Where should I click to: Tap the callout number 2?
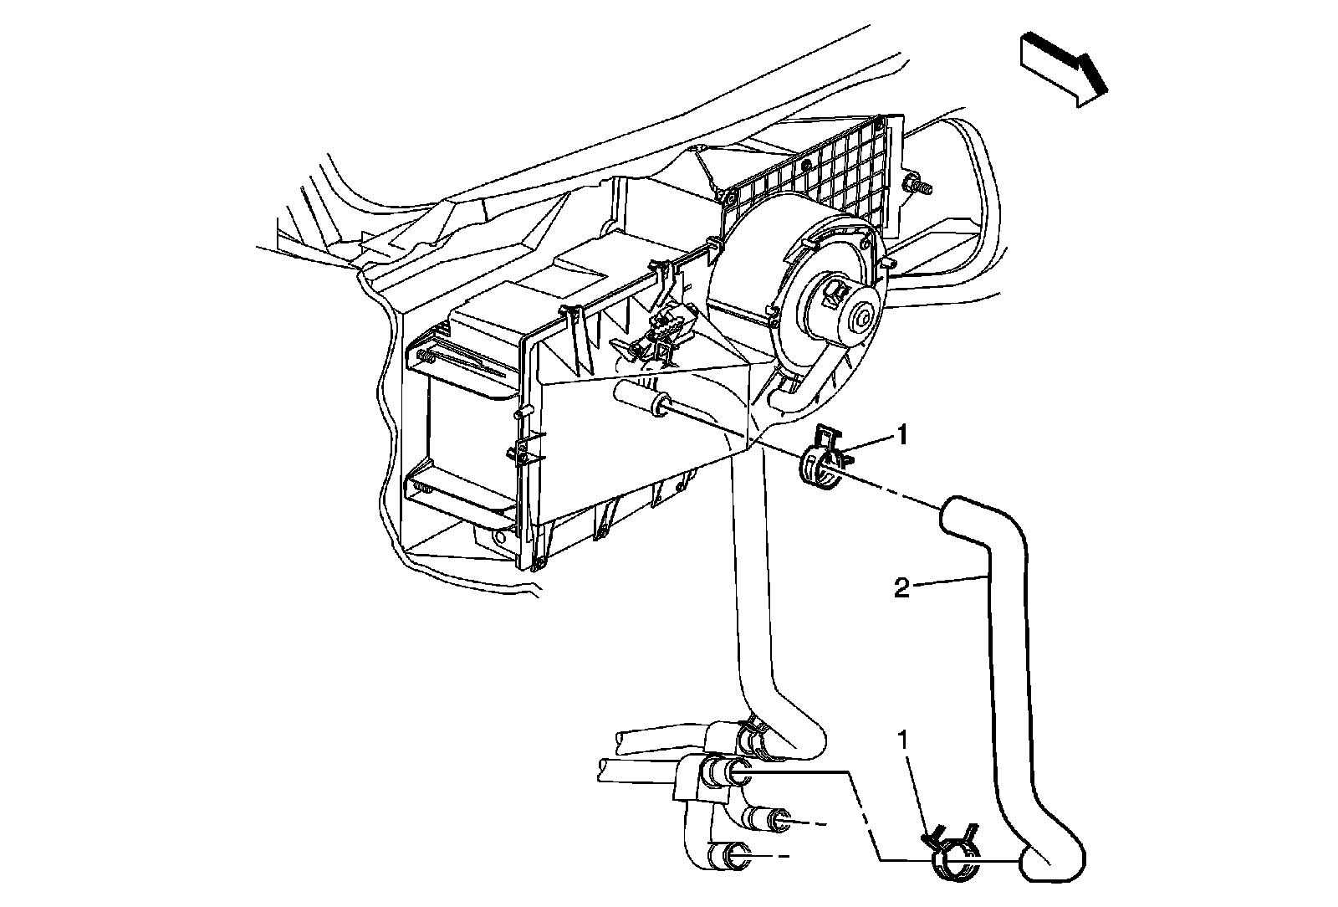(x=901, y=589)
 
